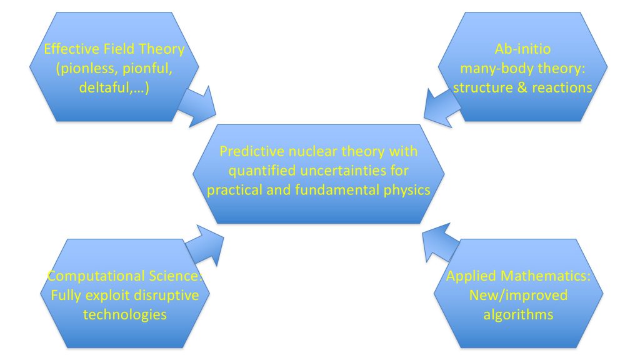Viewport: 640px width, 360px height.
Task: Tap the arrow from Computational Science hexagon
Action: (x=204, y=244)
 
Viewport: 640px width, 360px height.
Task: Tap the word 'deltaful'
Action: (x=104, y=87)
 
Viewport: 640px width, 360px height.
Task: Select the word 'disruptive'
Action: (x=166, y=294)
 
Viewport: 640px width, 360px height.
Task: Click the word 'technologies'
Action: (x=125, y=314)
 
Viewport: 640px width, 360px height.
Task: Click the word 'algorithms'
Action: (x=518, y=314)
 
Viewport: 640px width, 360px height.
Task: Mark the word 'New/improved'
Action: (x=518, y=294)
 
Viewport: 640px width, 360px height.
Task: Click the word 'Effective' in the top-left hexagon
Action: (x=64, y=48)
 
